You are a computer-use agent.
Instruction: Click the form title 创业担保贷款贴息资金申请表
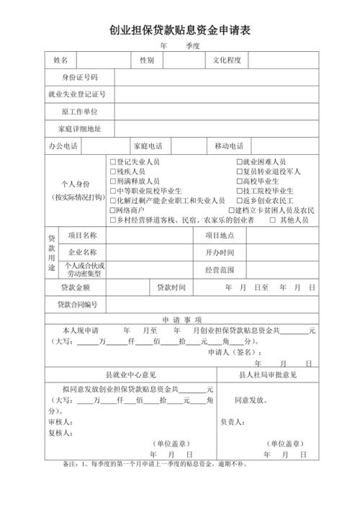click(x=180, y=31)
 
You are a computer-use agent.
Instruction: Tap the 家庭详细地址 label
click(x=79, y=130)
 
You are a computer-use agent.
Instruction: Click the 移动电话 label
click(x=230, y=147)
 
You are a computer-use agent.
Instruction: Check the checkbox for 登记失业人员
click(x=113, y=162)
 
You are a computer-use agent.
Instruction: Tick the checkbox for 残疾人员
click(x=113, y=172)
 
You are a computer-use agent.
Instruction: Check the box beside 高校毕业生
click(x=239, y=182)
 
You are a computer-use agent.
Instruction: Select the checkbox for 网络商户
click(x=113, y=210)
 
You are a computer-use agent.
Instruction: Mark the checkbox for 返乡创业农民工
click(x=239, y=201)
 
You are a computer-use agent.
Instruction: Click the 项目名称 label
click(x=82, y=236)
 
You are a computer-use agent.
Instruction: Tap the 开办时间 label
click(x=220, y=253)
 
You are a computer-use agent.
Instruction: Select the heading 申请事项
click(x=181, y=319)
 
